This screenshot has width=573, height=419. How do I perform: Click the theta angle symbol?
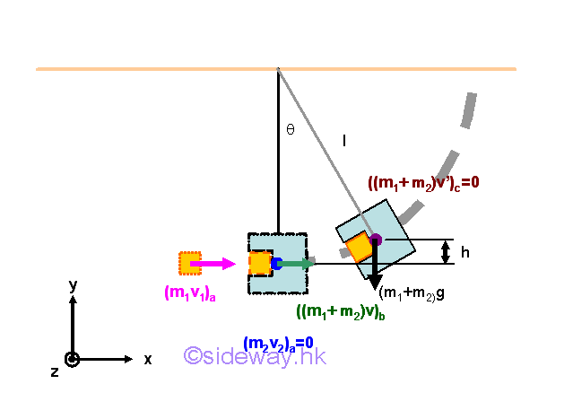click(x=290, y=129)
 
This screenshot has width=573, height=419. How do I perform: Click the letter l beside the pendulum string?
click(x=343, y=139)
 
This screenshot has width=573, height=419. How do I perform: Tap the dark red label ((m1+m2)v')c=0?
click(x=424, y=182)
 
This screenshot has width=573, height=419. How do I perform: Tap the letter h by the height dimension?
click(x=464, y=253)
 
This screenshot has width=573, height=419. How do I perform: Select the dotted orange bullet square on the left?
click(x=190, y=263)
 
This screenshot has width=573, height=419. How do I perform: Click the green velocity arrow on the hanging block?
click(x=297, y=264)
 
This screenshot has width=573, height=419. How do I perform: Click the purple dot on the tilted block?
click(x=376, y=240)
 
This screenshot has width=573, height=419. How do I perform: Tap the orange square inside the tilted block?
click(x=359, y=247)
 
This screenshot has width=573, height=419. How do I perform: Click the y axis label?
click(x=74, y=285)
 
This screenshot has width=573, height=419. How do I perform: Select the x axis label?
click(x=148, y=359)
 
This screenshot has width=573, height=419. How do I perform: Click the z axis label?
click(x=55, y=371)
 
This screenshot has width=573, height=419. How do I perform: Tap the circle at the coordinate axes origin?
click(x=73, y=360)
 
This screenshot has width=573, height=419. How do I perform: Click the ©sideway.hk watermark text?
click(x=255, y=356)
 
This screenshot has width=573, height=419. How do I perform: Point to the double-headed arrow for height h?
click(x=447, y=252)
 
